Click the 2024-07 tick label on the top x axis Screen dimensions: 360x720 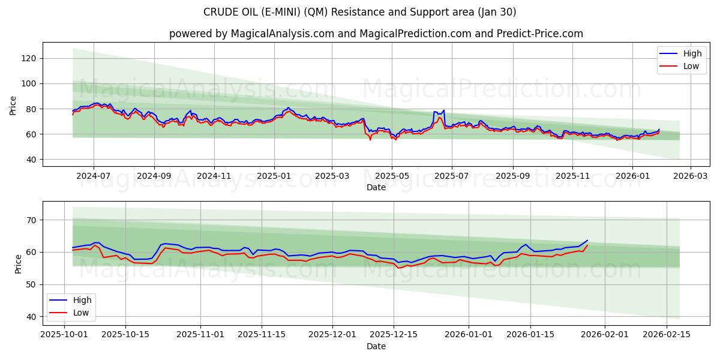coord(94,176)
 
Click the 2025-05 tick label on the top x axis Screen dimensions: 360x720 coord(392,176)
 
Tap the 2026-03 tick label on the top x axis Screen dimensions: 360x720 coord(690,176)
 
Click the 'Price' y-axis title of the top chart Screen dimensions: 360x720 coord(13,105)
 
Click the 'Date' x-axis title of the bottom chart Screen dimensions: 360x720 coord(376,346)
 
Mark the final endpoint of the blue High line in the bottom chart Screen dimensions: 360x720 coord(587,240)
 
